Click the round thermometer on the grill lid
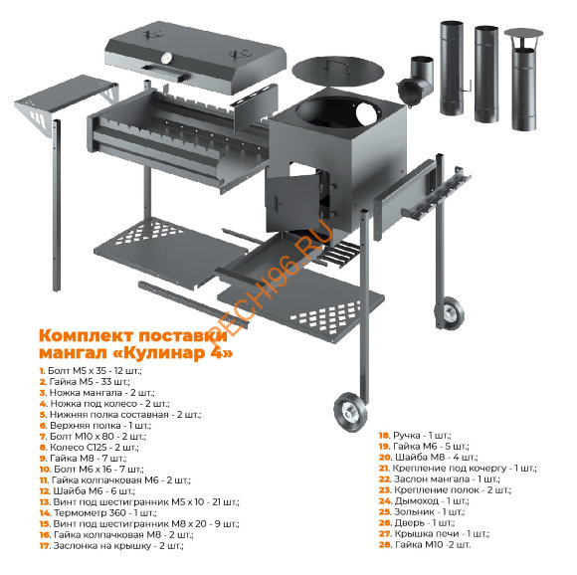click(167, 58)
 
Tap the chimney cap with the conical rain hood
click(523, 79)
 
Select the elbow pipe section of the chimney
click(416, 82)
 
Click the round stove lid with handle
click(338, 71)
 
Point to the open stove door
click(292, 202)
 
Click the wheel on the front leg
click(350, 412)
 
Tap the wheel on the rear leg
click(450, 313)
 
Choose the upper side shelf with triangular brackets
click(67, 104)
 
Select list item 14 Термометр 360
click(97, 512)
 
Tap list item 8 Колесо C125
click(90, 447)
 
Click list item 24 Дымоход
click(424, 500)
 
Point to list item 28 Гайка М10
click(425, 544)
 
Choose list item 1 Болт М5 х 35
click(91, 370)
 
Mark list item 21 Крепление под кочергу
click(458, 468)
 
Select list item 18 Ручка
click(415, 435)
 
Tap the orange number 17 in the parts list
click(45, 545)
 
